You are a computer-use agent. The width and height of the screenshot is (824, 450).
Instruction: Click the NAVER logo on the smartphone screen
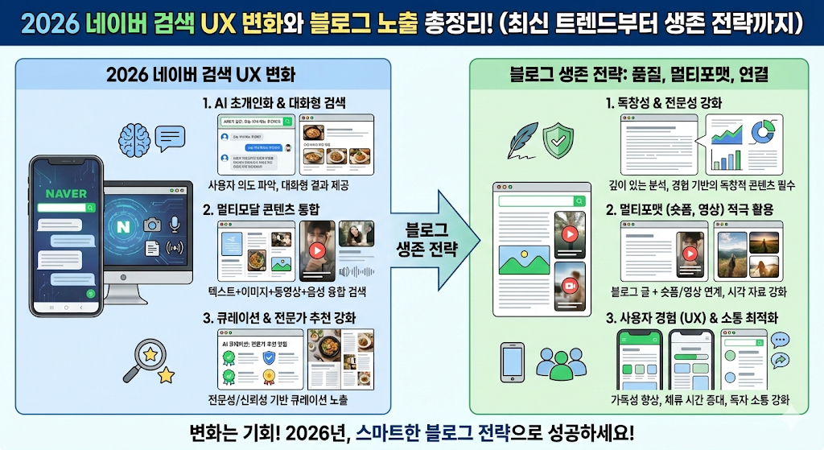click(66, 193)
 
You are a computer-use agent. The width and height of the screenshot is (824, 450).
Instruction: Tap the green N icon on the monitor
click(123, 227)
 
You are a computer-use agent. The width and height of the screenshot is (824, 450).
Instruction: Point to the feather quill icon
click(522, 138)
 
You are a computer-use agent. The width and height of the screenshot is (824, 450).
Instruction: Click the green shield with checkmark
click(557, 140)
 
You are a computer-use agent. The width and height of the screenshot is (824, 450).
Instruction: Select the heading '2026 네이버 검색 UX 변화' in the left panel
click(201, 76)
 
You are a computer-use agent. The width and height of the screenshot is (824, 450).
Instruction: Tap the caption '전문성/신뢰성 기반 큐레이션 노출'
click(279, 400)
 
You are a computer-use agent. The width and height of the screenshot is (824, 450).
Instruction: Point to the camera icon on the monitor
click(151, 226)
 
